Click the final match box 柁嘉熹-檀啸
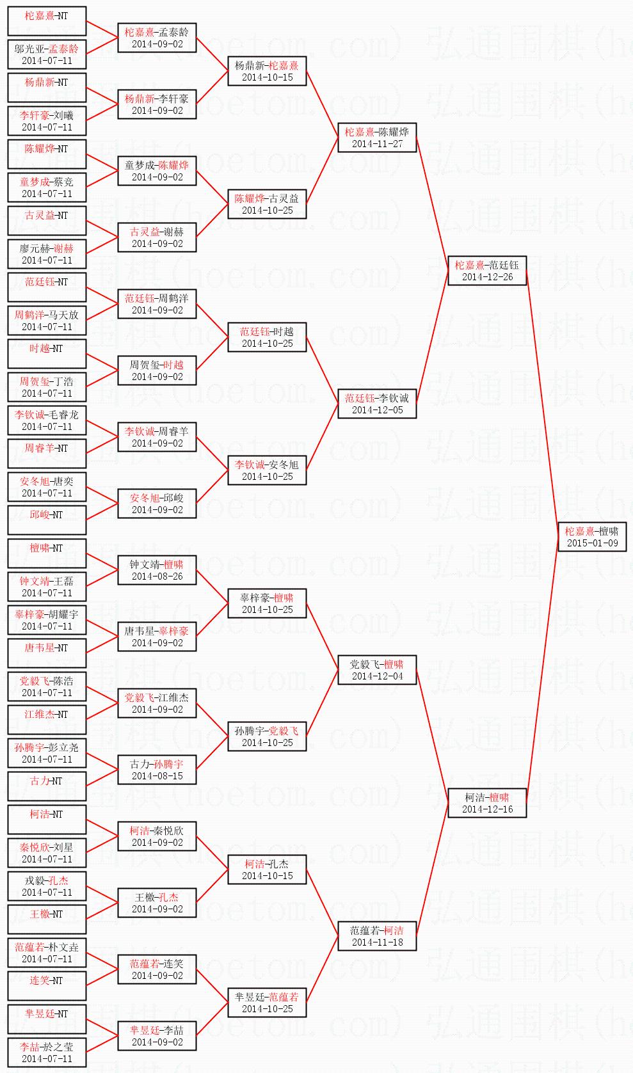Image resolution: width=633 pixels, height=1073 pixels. (x=591, y=537)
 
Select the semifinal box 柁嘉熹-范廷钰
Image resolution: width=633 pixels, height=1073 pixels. (x=487, y=271)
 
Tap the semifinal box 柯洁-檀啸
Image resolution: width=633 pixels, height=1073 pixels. (x=487, y=803)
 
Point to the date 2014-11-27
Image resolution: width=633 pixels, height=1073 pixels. (x=377, y=144)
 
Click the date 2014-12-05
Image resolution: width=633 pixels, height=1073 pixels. (x=377, y=410)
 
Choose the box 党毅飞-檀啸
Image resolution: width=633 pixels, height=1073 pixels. (x=377, y=670)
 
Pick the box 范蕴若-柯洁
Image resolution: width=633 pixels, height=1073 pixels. (x=377, y=936)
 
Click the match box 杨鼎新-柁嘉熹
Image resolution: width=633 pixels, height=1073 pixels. (x=267, y=71)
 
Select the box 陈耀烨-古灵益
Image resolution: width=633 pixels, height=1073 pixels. (x=267, y=204)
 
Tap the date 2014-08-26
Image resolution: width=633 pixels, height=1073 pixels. (x=157, y=576)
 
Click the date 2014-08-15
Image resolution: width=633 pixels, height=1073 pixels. (x=157, y=776)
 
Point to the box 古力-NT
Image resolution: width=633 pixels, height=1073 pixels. (x=47, y=786)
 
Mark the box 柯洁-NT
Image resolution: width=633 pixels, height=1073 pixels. (x=47, y=820)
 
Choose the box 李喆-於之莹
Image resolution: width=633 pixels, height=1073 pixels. (x=47, y=1053)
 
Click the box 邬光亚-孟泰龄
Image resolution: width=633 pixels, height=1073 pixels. (x=47, y=54)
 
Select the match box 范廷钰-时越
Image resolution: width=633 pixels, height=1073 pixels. (x=267, y=337)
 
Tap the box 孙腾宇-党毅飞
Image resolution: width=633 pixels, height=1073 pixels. (x=267, y=736)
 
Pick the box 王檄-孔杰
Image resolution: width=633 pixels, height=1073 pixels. (x=157, y=903)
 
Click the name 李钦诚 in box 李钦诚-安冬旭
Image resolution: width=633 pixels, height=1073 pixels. (x=250, y=465)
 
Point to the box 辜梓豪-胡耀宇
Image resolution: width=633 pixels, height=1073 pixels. (x=47, y=620)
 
